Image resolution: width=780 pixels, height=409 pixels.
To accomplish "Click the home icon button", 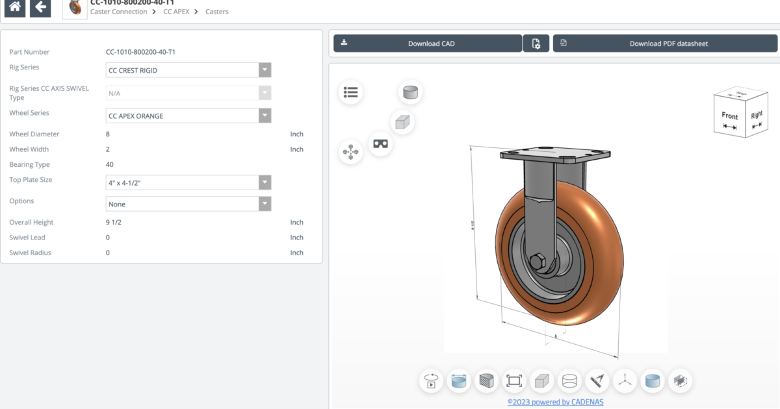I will click(x=15, y=7).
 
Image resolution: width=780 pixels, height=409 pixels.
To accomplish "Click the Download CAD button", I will click(x=428, y=43).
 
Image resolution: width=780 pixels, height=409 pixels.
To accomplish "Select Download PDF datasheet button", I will click(x=665, y=43).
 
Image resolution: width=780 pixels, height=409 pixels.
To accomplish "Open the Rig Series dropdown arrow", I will click(x=264, y=70).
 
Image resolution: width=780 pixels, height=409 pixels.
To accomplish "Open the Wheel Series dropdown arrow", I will click(x=264, y=116).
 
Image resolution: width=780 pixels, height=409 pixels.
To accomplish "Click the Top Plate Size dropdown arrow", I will click(x=264, y=182).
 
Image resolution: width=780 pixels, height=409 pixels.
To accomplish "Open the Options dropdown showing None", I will click(x=188, y=204).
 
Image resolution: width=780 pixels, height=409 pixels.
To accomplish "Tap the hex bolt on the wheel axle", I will click(x=538, y=262).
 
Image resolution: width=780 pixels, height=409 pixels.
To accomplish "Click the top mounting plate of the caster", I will click(x=554, y=156).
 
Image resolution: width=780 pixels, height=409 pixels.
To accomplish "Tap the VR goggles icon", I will click(x=380, y=143).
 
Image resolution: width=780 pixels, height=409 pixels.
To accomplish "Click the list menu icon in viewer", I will click(x=350, y=92).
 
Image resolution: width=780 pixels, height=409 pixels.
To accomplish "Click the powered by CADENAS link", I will click(x=555, y=402).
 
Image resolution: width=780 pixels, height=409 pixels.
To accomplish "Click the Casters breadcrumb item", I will click(x=216, y=12).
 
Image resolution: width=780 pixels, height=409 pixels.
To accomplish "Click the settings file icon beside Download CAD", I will click(x=536, y=43).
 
